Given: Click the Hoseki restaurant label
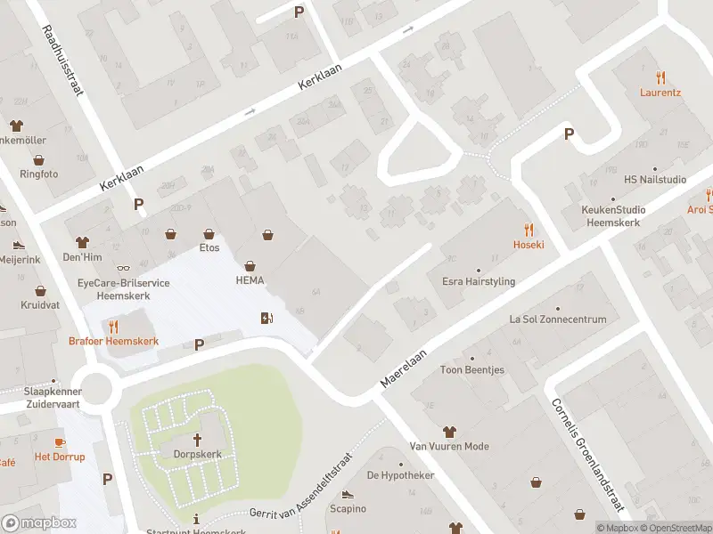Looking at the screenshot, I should pyautogui.click(x=528, y=244).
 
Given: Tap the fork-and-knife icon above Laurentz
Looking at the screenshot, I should pyautogui.click(x=660, y=77).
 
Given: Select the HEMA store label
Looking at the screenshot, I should pyautogui.click(x=250, y=280).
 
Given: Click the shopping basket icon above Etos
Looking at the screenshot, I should pyautogui.click(x=209, y=233).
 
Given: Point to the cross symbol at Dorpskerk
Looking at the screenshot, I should pyautogui.click(x=197, y=439).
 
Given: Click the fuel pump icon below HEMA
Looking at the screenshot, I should pyautogui.click(x=266, y=318).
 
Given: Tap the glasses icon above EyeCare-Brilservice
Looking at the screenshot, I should pyautogui.click(x=123, y=267).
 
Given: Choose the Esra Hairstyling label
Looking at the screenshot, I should pyautogui.click(x=479, y=281).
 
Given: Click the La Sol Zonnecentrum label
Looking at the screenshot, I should pyautogui.click(x=557, y=319).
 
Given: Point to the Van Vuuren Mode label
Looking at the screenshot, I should pyautogui.click(x=448, y=446).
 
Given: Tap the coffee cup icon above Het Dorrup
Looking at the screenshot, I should pyautogui.click(x=60, y=441).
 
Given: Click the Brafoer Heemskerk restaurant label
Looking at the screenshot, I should pyautogui.click(x=113, y=341).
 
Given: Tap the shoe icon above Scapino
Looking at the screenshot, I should pyautogui.click(x=348, y=494).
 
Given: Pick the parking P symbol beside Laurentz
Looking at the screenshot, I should pyautogui.click(x=569, y=134).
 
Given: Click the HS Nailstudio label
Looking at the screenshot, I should pyautogui.click(x=655, y=179).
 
